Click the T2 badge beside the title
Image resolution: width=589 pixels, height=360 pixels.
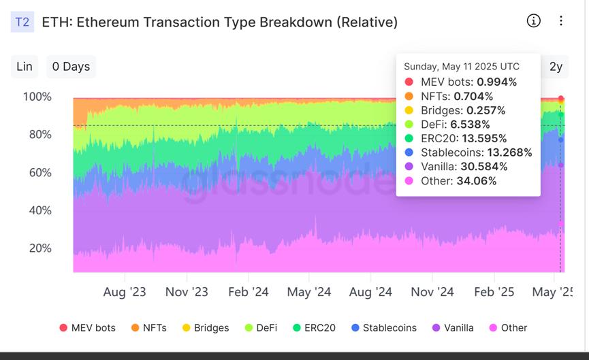point(22,22)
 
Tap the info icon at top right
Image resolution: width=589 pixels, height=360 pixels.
point(534,20)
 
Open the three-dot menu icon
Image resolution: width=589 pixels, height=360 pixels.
point(561,20)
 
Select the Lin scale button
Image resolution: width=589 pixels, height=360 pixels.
point(25,67)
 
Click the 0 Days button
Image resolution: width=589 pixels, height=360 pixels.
point(71,67)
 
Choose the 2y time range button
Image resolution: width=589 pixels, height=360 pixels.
point(556,67)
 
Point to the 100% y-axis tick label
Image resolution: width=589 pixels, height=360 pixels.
point(37,97)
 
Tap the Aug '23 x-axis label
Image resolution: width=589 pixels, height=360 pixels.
point(125,292)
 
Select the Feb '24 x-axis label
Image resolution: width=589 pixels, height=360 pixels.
point(248,292)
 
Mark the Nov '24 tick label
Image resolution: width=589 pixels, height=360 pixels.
point(432,292)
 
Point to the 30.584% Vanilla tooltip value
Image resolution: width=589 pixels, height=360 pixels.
point(490,167)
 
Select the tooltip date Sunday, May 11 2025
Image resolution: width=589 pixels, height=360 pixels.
point(461,67)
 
